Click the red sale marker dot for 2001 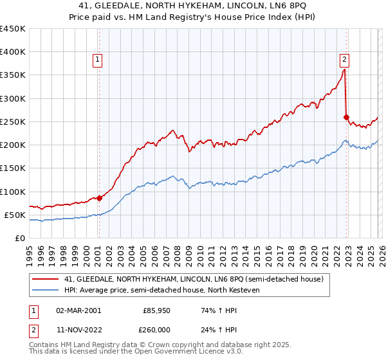click(99, 198)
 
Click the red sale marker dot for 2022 click(346, 117)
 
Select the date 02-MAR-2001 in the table click(78, 310)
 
